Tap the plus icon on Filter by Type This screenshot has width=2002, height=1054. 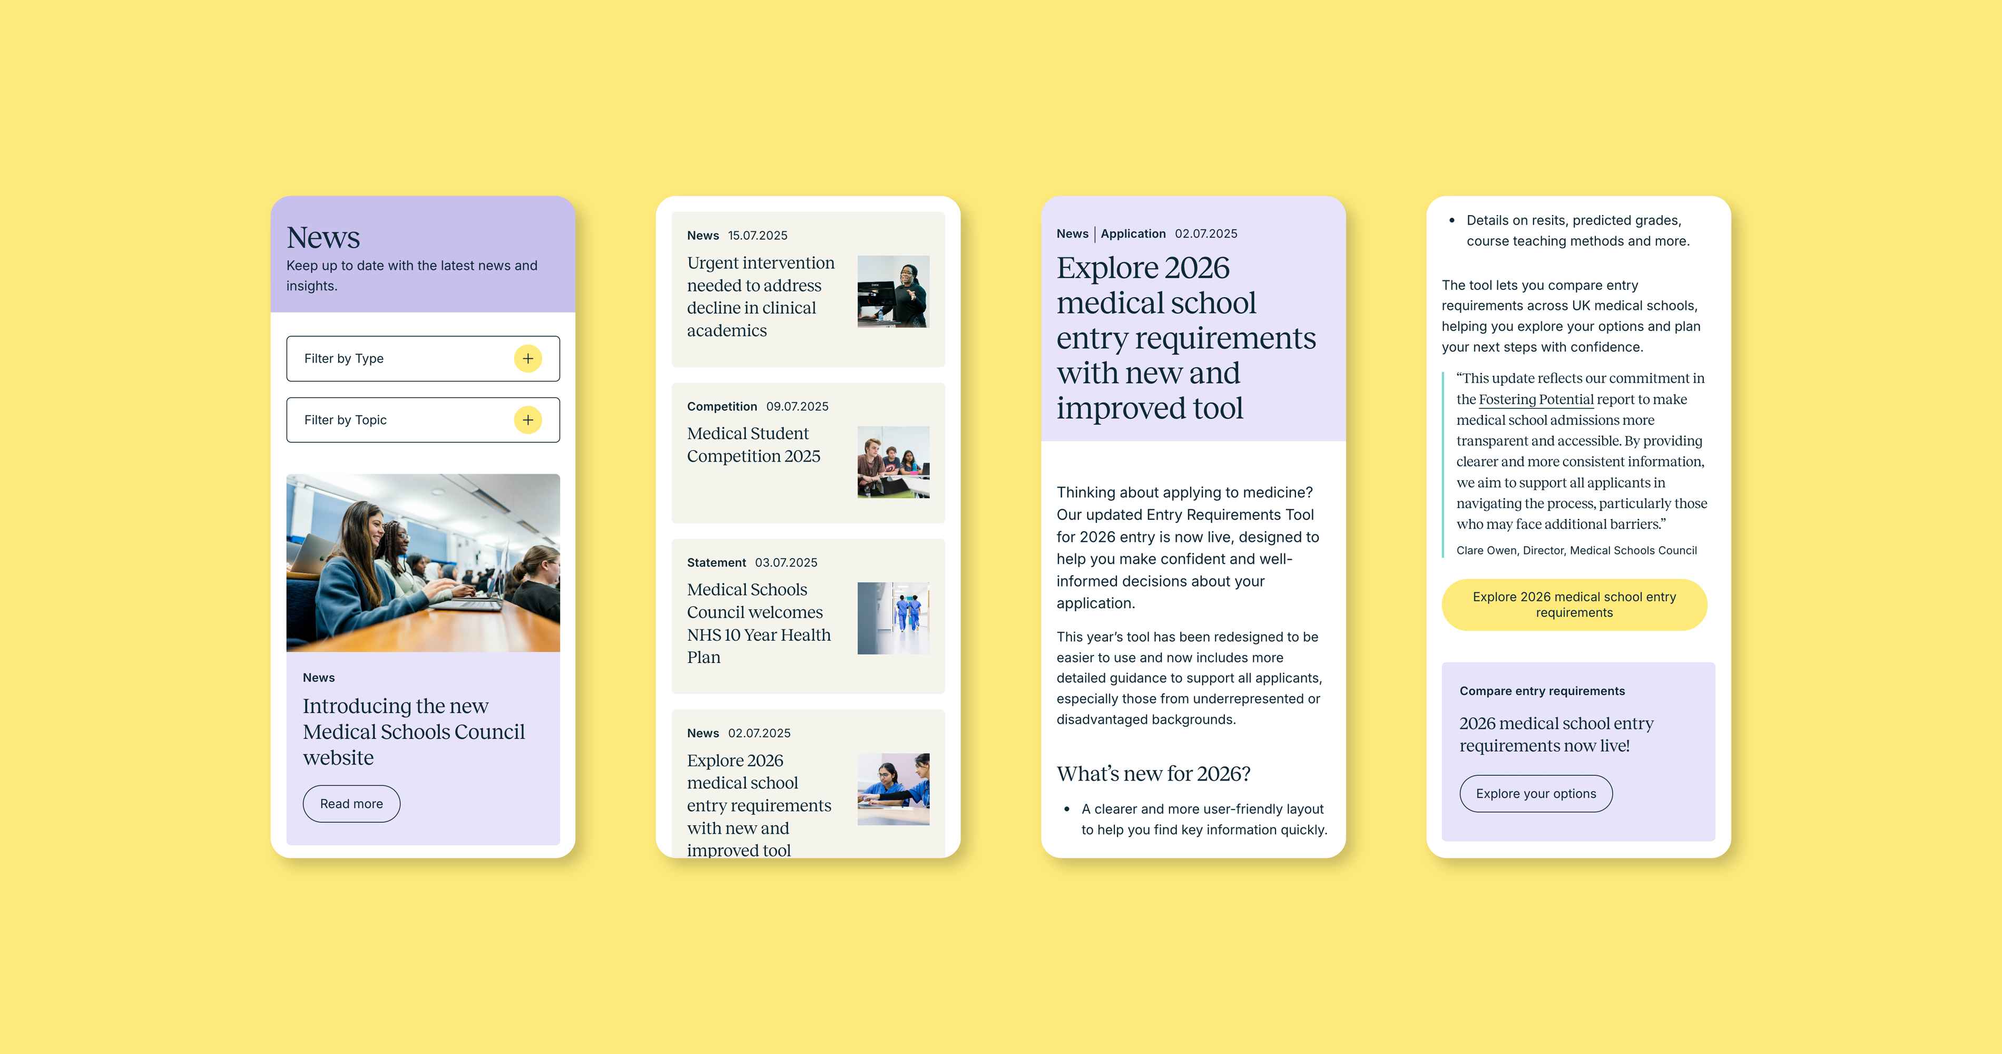coord(528,358)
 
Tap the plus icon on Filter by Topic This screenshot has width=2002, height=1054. coord(528,419)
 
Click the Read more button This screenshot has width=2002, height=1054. coord(351,804)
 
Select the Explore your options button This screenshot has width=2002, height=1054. coord(1536,794)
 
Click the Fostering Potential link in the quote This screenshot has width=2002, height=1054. coord(1536,399)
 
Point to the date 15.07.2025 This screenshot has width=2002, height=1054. coord(758,236)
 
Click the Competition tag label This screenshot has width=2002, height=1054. coord(722,406)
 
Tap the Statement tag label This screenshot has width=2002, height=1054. coord(717,563)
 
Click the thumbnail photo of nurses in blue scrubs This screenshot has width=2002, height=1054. coord(893,618)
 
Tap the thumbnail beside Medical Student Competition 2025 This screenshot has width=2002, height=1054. coord(893,462)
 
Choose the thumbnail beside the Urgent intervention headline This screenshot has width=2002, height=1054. coord(893,291)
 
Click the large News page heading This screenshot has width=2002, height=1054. coord(323,237)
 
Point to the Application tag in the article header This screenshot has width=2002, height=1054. coord(1133,234)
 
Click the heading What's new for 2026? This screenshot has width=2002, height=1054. coord(1153,774)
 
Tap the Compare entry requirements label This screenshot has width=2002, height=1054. coord(1542,691)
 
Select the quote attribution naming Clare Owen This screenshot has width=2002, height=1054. coord(1576,550)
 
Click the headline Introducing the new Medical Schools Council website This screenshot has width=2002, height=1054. coord(414,731)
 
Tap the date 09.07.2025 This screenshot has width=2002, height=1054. coord(798,406)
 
